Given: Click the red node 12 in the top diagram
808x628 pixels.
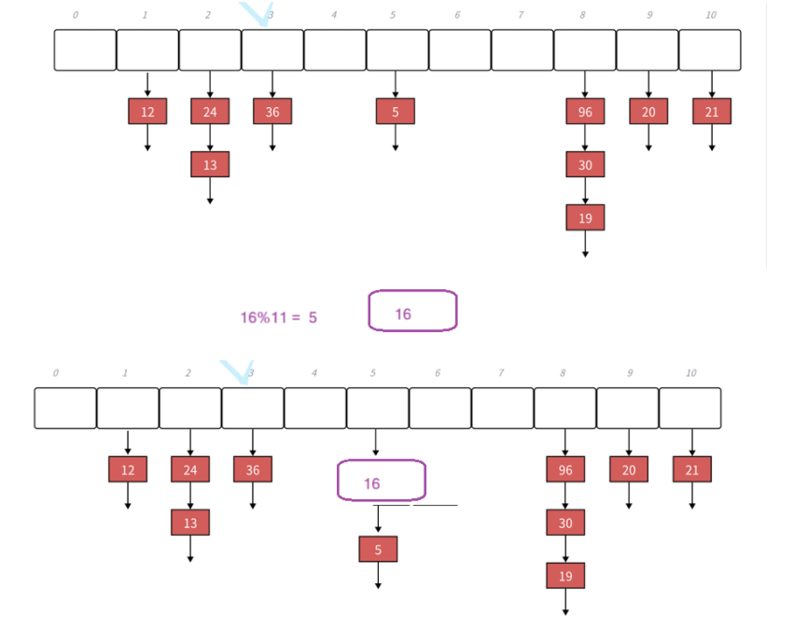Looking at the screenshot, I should pyautogui.click(x=147, y=112).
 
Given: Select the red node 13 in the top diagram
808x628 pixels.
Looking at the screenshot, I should pyautogui.click(x=210, y=164).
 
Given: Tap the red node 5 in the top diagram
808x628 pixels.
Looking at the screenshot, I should pyautogui.click(x=396, y=112).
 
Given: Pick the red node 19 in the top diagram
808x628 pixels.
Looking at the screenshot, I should pyautogui.click(x=585, y=217).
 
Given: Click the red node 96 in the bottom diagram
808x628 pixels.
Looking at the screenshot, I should pyautogui.click(x=565, y=469).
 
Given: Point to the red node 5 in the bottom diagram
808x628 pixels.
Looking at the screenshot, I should pyautogui.click(x=378, y=550).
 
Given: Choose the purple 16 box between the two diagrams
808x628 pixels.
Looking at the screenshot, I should pyautogui.click(x=412, y=311).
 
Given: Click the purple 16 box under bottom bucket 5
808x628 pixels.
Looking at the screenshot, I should pyautogui.click(x=381, y=481).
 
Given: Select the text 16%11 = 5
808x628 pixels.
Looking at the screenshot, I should pyautogui.click(x=278, y=317).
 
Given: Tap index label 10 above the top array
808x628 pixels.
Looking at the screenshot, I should pyautogui.click(x=710, y=15).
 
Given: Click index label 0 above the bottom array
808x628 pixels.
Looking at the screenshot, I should pyautogui.click(x=55, y=373).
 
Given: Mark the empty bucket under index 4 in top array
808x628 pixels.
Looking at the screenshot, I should pyautogui.click(x=334, y=50).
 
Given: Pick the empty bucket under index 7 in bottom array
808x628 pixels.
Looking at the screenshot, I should pyautogui.click(x=502, y=409).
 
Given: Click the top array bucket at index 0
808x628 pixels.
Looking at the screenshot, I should pyautogui.click(x=84, y=50).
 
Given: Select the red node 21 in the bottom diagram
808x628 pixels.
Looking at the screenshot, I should pyautogui.click(x=691, y=469).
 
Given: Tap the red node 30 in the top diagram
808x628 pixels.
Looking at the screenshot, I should pyautogui.click(x=585, y=164).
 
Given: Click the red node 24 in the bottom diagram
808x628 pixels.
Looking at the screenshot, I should pyautogui.click(x=190, y=469).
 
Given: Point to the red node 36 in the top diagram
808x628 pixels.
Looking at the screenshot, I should pyautogui.click(x=272, y=112).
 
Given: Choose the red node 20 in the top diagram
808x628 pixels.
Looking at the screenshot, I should pyautogui.click(x=648, y=112).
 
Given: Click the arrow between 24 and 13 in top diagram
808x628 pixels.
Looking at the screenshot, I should pyautogui.click(x=210, y=138).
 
